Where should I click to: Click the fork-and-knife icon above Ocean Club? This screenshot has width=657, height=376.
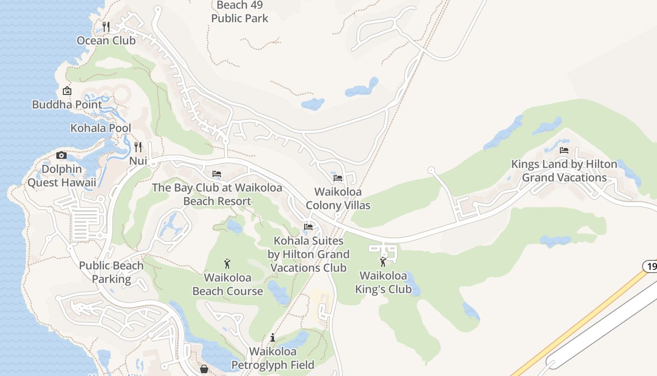(x=106, y=26)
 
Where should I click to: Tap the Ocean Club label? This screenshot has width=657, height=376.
(x=106, y=40)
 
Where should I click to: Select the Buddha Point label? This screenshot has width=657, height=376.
(x=67, y=104)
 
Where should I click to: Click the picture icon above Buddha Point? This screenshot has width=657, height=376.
(x=67, y=91)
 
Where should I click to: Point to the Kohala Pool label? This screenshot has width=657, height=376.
(x=101, y=128)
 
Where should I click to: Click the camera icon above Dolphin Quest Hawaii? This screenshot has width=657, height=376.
(x=61, y=155)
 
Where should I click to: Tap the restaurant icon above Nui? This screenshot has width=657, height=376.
(x=138, y=147)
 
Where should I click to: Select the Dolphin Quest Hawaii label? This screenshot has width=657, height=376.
(x=61, y=176)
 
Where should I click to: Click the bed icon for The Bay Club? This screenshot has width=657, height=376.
(x=217, y=174)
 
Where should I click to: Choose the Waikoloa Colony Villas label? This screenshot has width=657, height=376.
(x=338, y=199)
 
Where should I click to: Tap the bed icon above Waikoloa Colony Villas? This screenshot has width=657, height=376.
(x=338, y=178)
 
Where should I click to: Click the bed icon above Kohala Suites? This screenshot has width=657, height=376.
(x=308, y=227)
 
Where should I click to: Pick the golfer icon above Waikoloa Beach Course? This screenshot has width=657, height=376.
(x=228, y=264)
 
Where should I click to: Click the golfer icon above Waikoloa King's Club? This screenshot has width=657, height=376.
(x=383, y=262)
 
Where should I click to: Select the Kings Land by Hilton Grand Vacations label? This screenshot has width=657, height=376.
(x=564, y=171)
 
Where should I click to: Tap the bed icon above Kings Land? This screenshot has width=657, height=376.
(x=564, y=150)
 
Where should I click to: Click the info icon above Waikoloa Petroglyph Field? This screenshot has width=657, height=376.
(x=273, y=337)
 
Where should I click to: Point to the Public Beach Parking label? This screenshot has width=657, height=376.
(x=111, y=272)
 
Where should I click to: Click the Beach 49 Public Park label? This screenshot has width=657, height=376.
(x=240, y=12)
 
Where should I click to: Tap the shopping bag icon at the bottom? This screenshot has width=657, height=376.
(x=204, y=369)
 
